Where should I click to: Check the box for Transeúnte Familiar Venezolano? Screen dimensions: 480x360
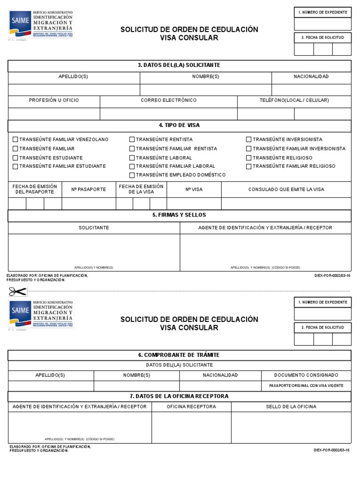click(x=15, y=140)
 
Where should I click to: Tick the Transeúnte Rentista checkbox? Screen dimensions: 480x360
click(x=132, y=140)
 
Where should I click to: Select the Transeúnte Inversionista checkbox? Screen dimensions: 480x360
click(x=249, y=140)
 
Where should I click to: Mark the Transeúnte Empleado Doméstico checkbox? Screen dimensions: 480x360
click(x=132, y=175)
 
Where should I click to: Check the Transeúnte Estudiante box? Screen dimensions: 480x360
click(x=15, y=157)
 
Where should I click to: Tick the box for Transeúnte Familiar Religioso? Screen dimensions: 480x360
click(x=249, y=166)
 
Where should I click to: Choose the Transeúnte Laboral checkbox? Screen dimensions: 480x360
click(x=132, y=157)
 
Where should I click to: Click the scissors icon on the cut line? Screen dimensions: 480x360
click(x=17, y=292)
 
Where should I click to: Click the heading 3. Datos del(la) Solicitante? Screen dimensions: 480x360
click(x=179, y=65)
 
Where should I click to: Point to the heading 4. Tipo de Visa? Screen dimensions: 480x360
click(x=179, y=126)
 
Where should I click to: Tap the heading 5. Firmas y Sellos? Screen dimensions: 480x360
click(x=179, y=215)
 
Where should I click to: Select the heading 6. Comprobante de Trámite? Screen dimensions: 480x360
click(x=179, y=355)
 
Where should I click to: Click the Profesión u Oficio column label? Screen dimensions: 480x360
click(x=54, y=100)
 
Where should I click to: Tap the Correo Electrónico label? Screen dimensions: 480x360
click(x=169, y=100)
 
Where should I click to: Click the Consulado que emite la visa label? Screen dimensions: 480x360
click(x=286, y=189)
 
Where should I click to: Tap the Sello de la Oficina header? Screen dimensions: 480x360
click(x=291, y=406)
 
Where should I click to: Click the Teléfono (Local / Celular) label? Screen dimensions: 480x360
click(x=294, y=100)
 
